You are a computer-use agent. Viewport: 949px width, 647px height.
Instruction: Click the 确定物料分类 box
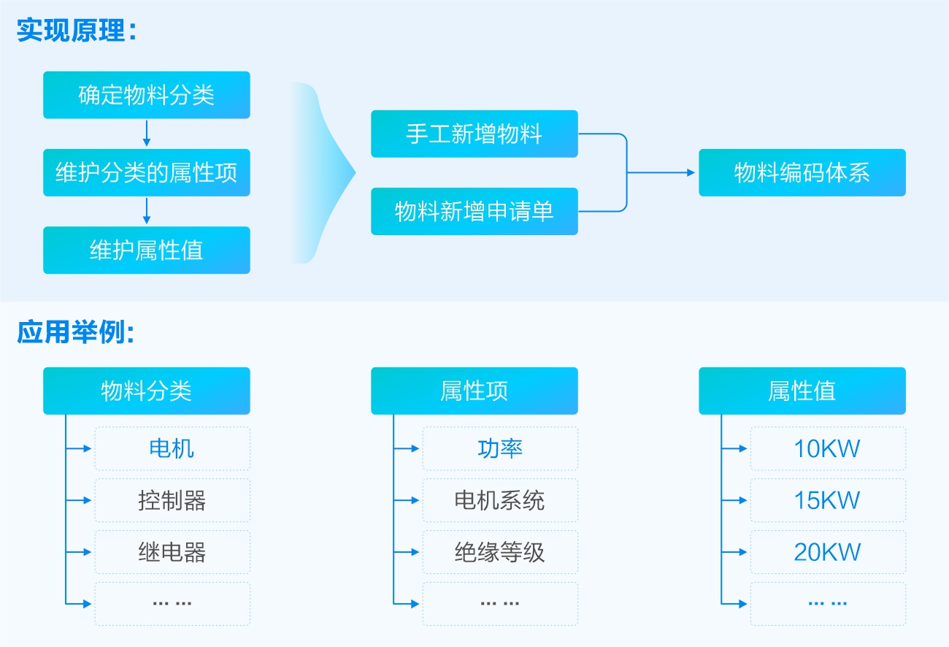point(146,95)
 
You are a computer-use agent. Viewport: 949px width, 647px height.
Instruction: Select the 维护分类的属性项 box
point(146,173)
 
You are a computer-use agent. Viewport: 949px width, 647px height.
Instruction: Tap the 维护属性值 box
point(146,250)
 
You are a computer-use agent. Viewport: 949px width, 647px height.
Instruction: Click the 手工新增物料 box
point(474,134)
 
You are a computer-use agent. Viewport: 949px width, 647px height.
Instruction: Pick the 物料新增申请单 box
point(474,212)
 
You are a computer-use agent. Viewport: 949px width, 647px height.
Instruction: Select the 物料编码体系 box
point(802,173)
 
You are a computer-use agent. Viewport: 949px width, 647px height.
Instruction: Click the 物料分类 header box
point(146,391)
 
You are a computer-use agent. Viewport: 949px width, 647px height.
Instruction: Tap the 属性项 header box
point(474,391)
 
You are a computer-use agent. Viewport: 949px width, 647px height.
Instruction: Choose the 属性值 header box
point(802,391)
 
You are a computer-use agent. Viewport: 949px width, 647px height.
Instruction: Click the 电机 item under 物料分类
point(172,448)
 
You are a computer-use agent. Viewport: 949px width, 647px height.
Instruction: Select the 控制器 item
point(172,500)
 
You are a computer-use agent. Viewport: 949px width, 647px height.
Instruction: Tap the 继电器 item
point(172,552)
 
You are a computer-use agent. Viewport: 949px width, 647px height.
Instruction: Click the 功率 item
point(500,448)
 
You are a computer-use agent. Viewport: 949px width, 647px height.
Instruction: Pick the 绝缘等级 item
point(500,552)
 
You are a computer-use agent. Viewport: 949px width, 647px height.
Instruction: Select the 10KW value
point(828,448)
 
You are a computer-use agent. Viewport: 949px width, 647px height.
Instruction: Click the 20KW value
point(828,552)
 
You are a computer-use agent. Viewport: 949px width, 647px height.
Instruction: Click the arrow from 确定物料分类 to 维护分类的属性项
point(146,134)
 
